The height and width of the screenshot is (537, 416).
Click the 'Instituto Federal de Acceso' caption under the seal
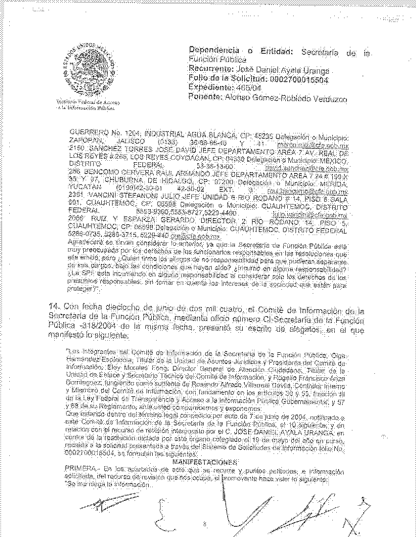click(89, 102)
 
